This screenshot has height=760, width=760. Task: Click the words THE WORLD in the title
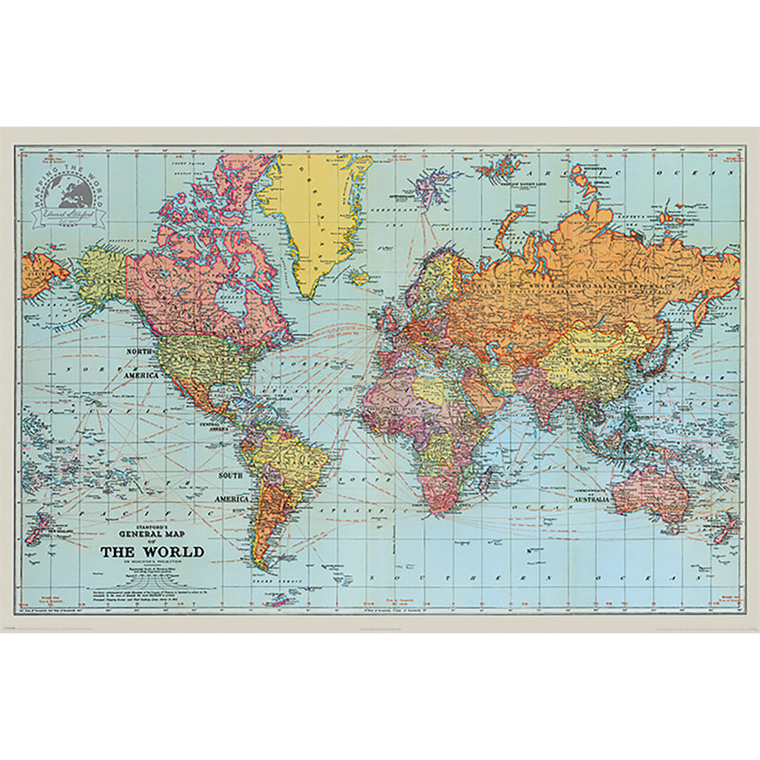152,552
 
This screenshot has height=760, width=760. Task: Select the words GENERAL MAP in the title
152,535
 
